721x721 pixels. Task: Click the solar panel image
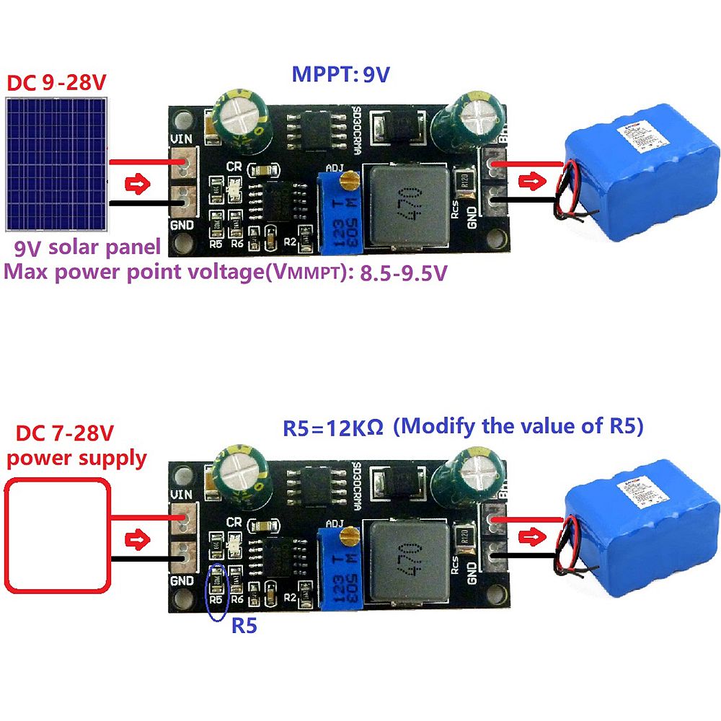click(56, 163)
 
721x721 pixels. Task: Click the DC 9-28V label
click(56, 82)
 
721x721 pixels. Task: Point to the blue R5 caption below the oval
click(244, 626)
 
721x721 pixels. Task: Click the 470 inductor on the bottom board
click(402, 559)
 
